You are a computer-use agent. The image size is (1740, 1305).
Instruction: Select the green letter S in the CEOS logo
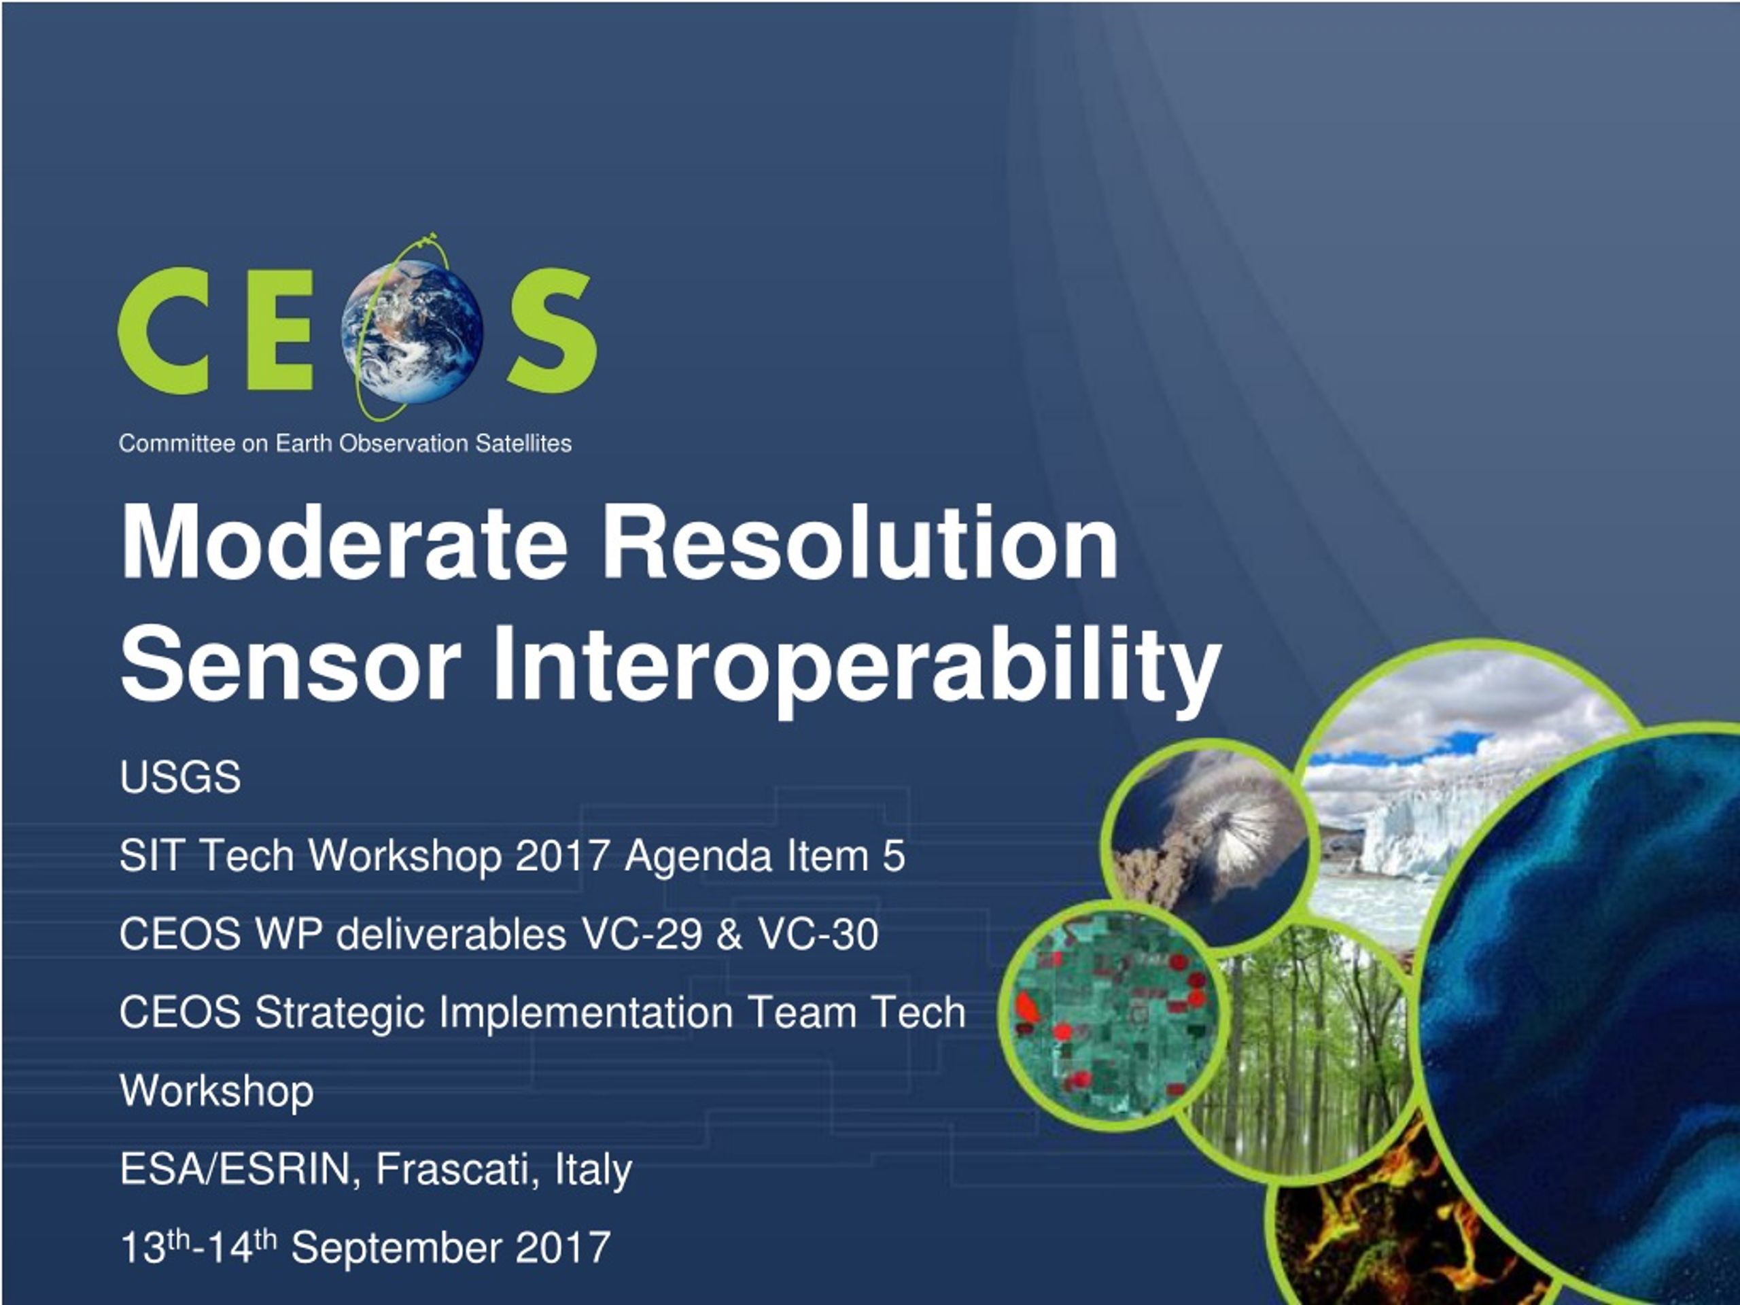click(551, 330)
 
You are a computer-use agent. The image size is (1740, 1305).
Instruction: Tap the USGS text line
click(180, 777)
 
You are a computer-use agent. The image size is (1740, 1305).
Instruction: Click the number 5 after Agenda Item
click(894, 855)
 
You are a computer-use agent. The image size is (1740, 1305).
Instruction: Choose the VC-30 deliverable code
click(818, 934)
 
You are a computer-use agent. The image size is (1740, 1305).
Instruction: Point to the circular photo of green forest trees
click(1306, 1054)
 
